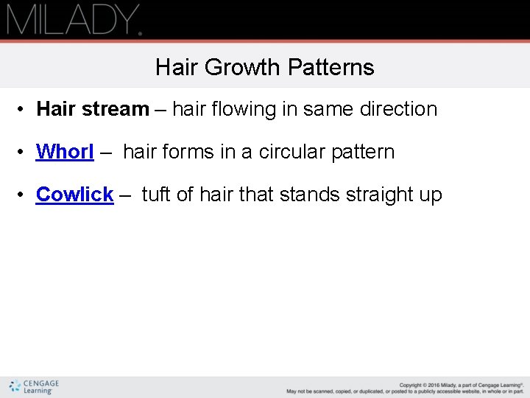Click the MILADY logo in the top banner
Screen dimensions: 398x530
coord(74,20)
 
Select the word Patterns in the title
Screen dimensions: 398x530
coord(331,68)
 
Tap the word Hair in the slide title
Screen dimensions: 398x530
coord(177,68)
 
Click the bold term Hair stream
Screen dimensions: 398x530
coord(93,109)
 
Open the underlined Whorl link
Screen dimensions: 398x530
coord(65,152)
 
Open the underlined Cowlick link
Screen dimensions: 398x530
coord(74,195)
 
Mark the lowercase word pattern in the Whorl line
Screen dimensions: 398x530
coord(363,153)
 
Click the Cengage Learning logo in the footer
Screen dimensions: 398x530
coord(34,387)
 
